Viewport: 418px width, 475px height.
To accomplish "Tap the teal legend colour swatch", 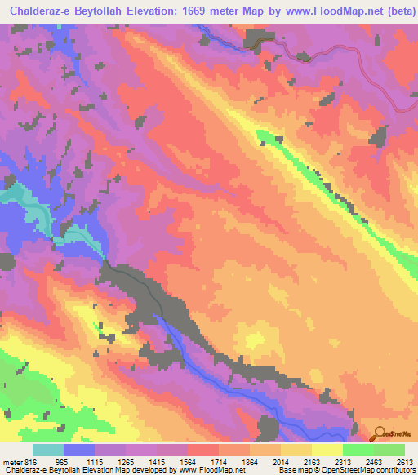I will pos(48,451).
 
